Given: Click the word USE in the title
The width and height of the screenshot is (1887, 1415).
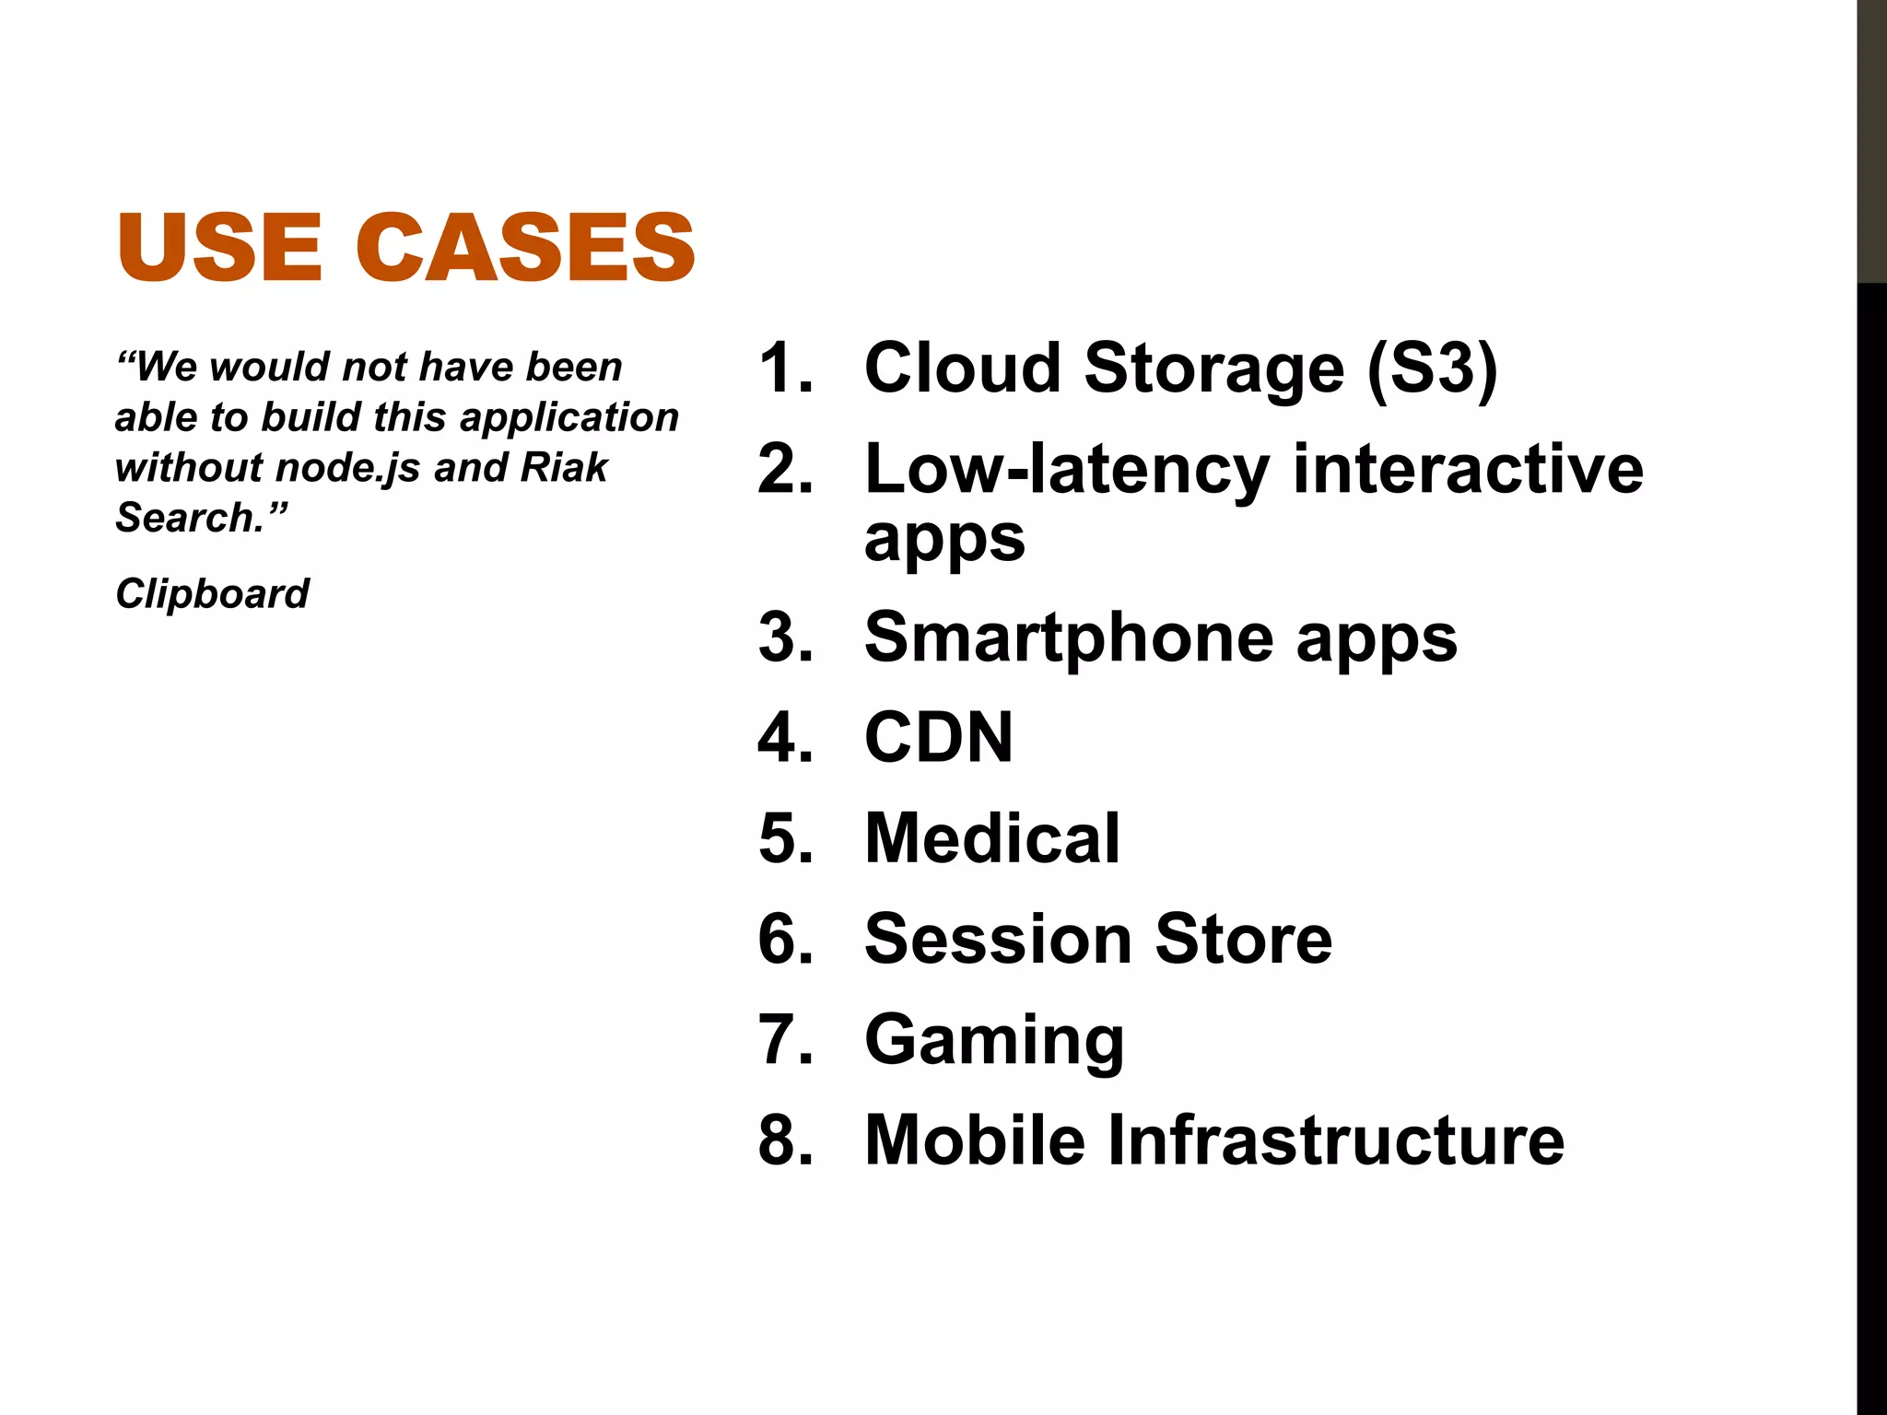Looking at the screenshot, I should [219, 247].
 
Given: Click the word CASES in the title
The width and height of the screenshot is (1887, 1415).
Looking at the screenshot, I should [525, 247].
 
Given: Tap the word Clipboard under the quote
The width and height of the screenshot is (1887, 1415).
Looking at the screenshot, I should [212, 594].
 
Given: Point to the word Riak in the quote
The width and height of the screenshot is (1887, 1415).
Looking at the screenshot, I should [564, 467].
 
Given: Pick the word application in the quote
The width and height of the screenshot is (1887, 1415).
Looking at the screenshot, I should [569, 417].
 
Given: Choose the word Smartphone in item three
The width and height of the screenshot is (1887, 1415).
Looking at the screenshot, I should [1069, 637].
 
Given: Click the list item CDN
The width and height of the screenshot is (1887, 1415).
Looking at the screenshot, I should [938, 738].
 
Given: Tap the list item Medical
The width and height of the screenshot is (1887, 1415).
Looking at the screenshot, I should [991, 838].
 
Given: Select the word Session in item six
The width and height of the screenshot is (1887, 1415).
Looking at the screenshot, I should [996, 940].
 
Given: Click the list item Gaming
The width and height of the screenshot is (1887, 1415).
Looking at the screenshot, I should [993, 1041].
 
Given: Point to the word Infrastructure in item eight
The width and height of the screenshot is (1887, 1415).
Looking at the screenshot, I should [1334, 1140].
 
